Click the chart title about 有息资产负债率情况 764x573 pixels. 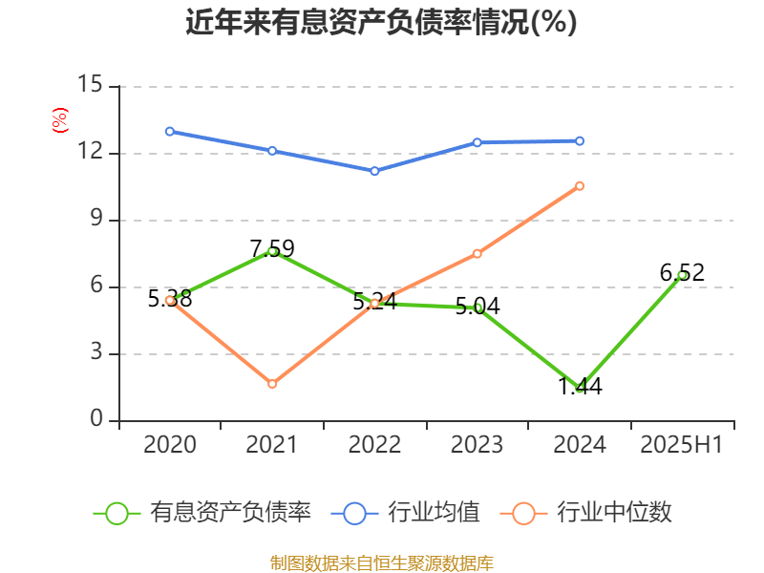click(x=381, y=23)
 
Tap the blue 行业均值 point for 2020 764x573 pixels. click(x=170, y=131)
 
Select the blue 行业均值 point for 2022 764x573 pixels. click(x=374, y=171)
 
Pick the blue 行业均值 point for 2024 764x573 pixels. click(x=580, y=140)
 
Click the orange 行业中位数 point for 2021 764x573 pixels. click(x=272, y=384)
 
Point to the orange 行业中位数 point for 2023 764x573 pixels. click(x=477, y=253)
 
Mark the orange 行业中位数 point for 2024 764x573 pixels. click(x=580, y=185)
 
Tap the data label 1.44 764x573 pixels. click(x=580, y=387)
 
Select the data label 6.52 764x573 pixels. click(x=682, y=273)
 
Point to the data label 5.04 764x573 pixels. click(x=477, y=307)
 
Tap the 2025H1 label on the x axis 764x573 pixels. click(x=682, y=444)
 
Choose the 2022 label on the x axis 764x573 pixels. click(x=374, y=444)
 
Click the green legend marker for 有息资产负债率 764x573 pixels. click(x=117, y=513)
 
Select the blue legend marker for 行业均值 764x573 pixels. click(x=354, y=513)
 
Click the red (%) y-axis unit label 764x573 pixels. click(x=59, y=120)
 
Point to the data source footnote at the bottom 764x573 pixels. click(x=381, y=562)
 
